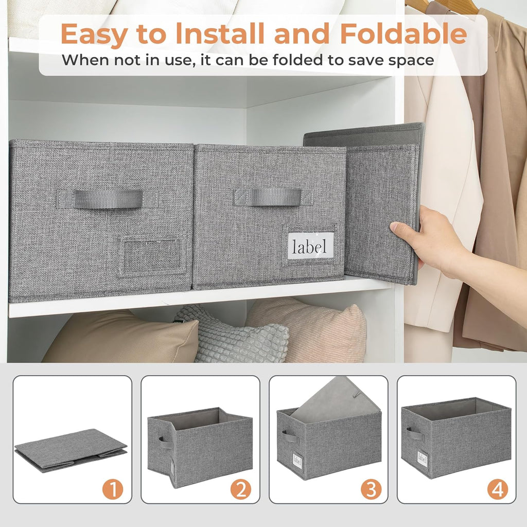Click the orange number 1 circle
coord(113,489)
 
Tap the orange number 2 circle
coord(241,489)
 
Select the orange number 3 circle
coord(371,489)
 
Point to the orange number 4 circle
coord(497,489)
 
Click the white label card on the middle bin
coord(310,246)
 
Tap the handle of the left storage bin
coord(108,199)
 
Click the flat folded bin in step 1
coord(71,449)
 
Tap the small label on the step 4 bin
coord(423,458)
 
